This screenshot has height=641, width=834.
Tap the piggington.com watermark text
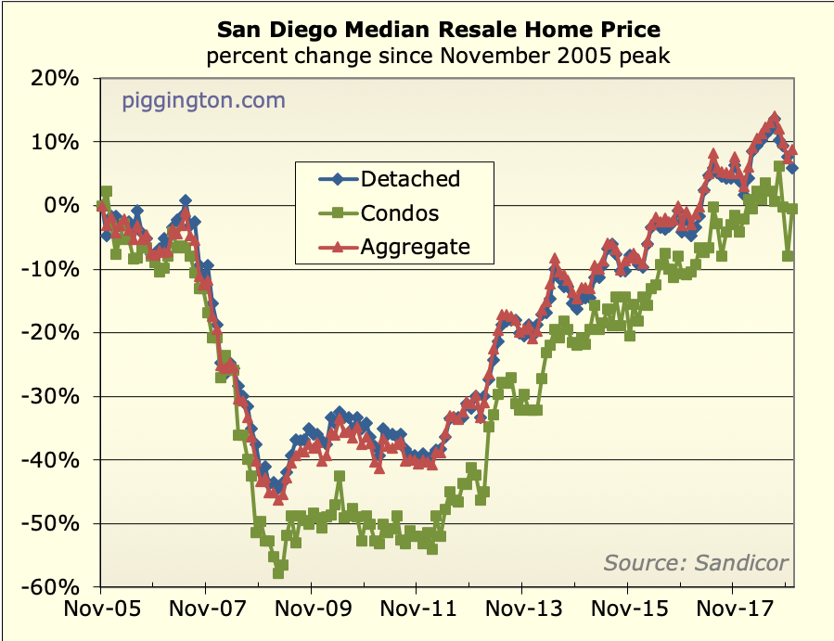tap(203, 100)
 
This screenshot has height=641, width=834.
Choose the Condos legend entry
tap(400, 212)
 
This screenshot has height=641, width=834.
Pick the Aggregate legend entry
tap(415, 247)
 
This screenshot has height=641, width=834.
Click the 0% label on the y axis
tap(64, 206)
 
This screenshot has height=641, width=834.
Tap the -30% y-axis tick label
tap(55, 396)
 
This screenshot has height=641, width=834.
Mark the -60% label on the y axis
tap(55, 587)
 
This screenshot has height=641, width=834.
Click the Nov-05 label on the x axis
tap(99, 613)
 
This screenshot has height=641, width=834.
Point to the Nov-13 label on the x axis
tap(521, 613)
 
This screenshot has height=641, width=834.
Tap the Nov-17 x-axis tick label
tap(733, 613)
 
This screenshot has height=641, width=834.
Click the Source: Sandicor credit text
tap(696, 562)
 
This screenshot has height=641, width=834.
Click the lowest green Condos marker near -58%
tap(278, 572)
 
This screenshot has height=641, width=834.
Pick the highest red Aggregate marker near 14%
tap(775, 119)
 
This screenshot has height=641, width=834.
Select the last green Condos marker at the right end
tap(793, 209)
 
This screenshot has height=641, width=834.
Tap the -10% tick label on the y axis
tap(55, 269)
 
